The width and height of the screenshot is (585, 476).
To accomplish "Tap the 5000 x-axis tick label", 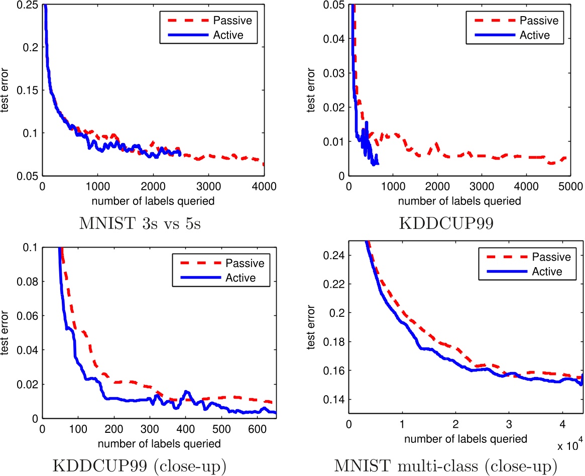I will (570, 185).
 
